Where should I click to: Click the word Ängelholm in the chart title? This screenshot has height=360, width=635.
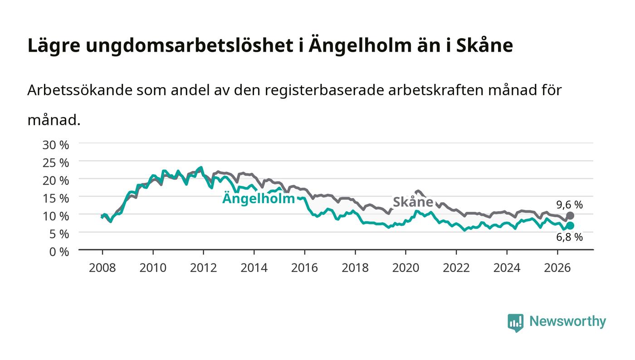click(360, 45)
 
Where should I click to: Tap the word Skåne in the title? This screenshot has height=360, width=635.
click(484, 45)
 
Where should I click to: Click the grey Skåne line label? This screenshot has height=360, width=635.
click(413, 202)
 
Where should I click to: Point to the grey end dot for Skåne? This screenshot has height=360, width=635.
click(570, 216)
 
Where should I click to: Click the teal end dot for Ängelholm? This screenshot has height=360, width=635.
click(570, 226)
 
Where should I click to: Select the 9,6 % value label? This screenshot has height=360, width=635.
click(569, 204)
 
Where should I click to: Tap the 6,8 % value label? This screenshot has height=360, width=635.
click(569, 237)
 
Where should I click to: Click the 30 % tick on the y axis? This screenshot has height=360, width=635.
click(56, 145)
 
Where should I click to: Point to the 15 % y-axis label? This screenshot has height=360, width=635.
click(56, 199)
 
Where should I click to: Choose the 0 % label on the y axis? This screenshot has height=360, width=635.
click(59, 252)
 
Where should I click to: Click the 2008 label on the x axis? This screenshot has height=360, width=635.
click(103, 268)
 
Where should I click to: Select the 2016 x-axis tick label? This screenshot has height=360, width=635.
click(304, 268)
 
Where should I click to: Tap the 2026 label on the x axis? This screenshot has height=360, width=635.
click(557, 268)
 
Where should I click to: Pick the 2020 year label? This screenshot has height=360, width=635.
click(405, 268)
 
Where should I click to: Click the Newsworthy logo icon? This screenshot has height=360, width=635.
click(516, 322)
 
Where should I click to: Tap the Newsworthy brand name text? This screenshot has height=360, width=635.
click(567, 321)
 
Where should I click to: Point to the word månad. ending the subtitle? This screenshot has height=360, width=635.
click(54, 120)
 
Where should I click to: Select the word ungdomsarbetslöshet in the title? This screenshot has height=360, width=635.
click(190, 45)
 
